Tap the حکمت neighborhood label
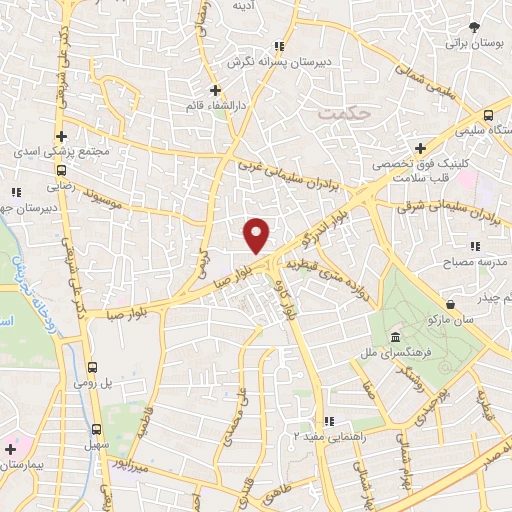click(343, 113)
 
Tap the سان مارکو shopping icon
click(451, 303)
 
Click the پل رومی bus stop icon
click(94, 367)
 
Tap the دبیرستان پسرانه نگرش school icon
click(279, 46)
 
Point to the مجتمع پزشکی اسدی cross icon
click(61, 137)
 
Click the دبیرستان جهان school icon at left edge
click(15, 191)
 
